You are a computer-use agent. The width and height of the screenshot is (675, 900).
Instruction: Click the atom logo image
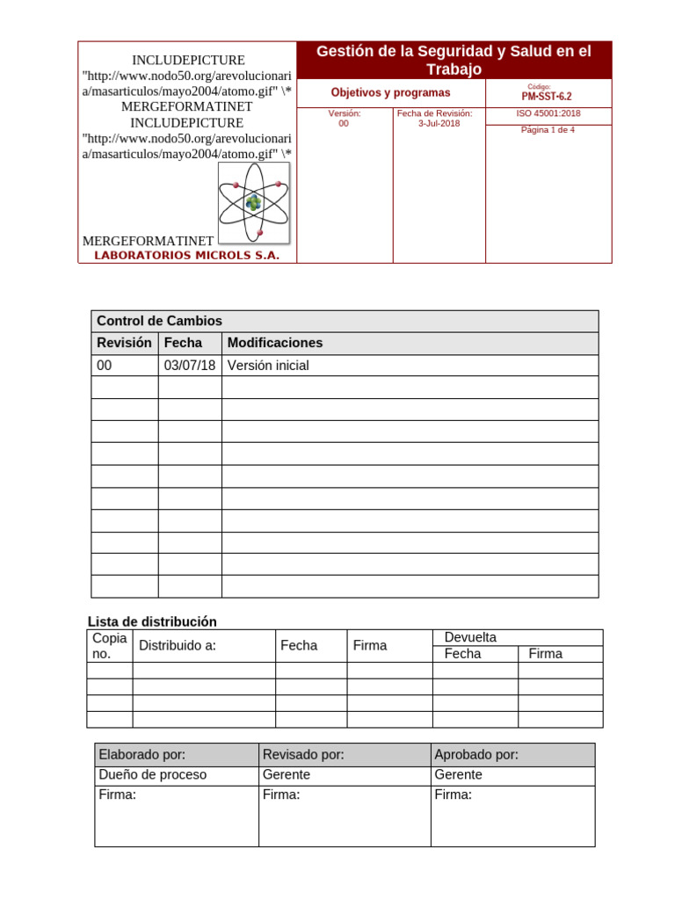(x=254, y=203)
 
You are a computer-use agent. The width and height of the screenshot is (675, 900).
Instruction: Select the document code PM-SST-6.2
(x=548, y=97)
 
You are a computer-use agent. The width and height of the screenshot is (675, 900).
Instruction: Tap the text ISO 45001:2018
(x=548, y=113)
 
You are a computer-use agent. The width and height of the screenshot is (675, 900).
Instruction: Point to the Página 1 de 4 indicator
(x=548, y=130)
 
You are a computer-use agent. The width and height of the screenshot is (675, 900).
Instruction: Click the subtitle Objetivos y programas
(x=390, y=92)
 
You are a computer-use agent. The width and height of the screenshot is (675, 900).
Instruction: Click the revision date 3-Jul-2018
(x=439, y=124)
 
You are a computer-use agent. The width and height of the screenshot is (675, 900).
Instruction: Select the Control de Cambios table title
(x=159, y=321)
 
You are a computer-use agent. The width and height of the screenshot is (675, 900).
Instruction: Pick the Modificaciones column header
(x=275, y=343)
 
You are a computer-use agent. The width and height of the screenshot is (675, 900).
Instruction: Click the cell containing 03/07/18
(x=190, y=366)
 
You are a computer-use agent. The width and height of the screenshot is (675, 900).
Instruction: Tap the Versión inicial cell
(x=268, y=366)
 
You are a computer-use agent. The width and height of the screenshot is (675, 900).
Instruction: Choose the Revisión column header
(x=124, y=343)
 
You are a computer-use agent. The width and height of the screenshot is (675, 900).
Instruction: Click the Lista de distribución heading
(x=152, y=621)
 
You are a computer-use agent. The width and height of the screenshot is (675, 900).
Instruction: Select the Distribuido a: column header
(x=178, y=646)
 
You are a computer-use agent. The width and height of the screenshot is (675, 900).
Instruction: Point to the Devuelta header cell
(x=470, y=637)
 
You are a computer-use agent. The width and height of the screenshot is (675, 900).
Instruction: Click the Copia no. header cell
(x=110, y=645)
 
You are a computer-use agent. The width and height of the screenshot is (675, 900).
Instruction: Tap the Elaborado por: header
(x=142, y=755)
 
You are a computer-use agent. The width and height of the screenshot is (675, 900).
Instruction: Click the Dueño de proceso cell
(x=153, y=775)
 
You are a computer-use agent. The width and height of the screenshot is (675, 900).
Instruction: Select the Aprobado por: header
(x=476, y=755)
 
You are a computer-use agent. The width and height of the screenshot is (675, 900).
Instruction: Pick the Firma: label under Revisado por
(x=281, y=795)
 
